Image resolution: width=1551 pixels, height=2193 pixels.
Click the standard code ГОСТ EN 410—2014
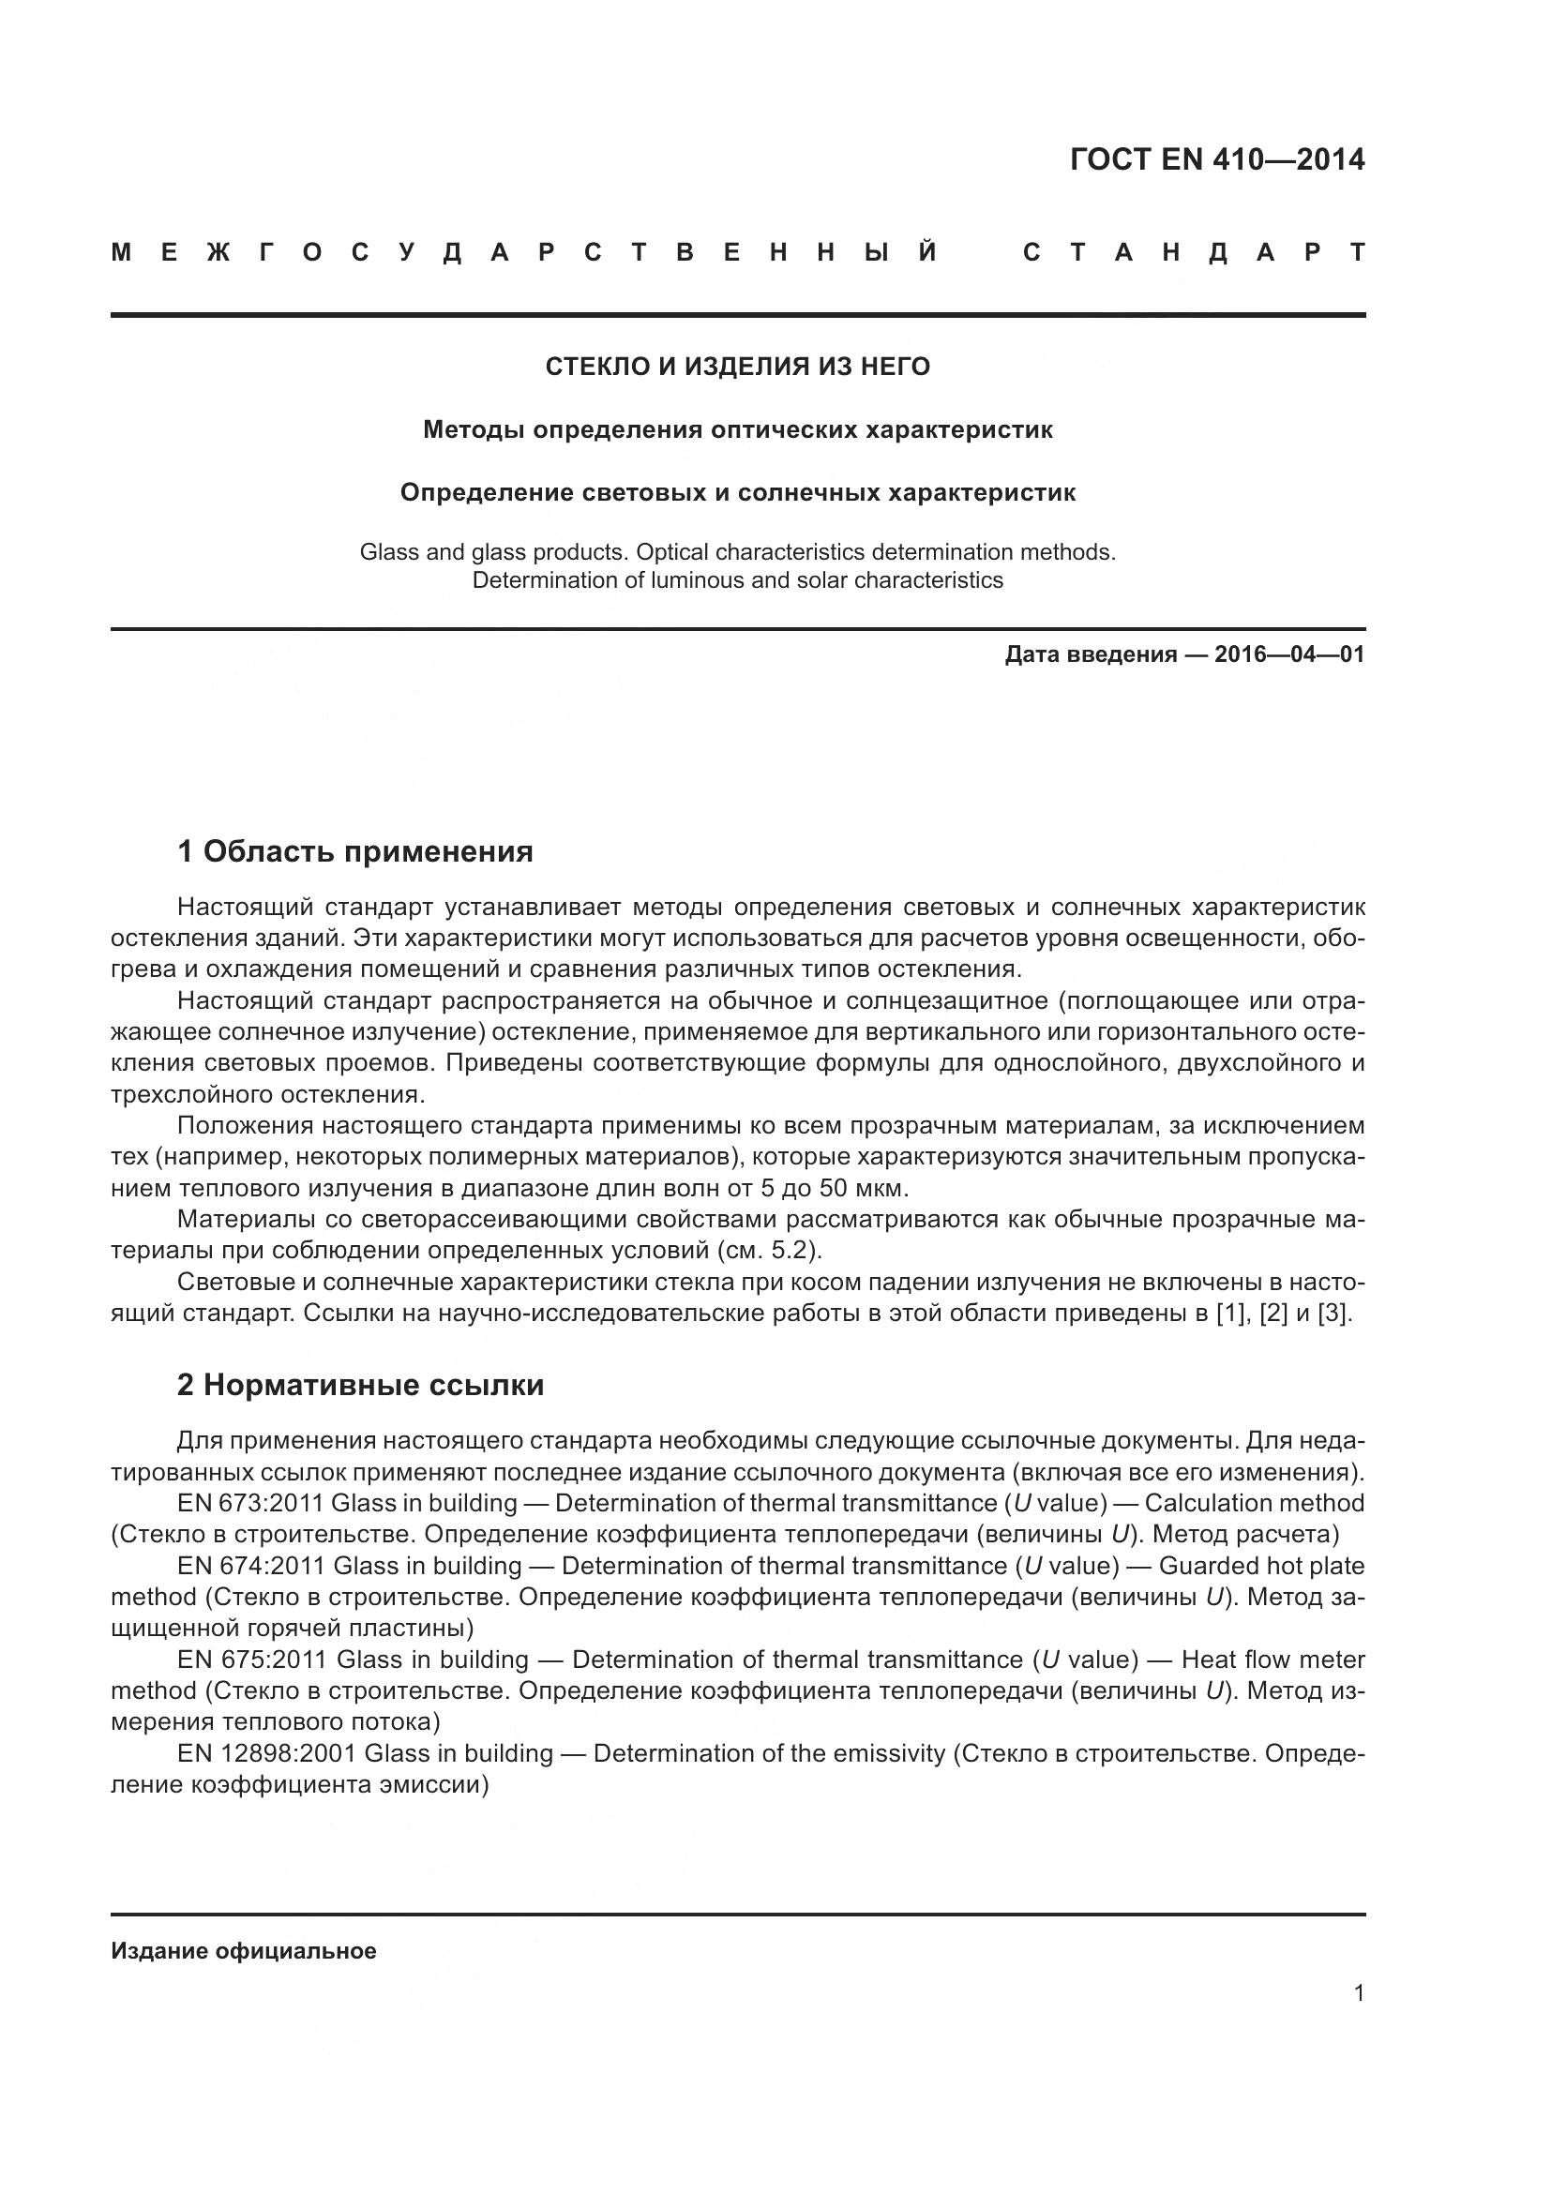(x=1217, y=159)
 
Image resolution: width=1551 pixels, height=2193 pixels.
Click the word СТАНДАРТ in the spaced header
(x=1193, y=253)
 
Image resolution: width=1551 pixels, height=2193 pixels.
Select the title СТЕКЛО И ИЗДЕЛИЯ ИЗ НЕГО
(x=737, y=367)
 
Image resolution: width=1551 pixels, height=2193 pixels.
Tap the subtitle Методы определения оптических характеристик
(x=737, y=429)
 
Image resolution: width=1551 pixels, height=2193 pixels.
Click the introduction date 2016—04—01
(x=1288, y=654)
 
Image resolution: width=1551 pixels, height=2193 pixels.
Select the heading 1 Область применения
(x=354, y=851)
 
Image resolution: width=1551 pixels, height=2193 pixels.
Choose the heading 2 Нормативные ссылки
(x=360, y=1385)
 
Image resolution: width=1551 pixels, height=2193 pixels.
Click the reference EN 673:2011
(x=250, y=1503)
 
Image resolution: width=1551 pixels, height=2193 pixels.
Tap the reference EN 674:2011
(x=252, y=1567)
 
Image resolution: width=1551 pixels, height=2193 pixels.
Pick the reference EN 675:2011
(x=253, y=1660)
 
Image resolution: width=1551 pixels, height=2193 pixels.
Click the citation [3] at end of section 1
(x=1333, y=1314)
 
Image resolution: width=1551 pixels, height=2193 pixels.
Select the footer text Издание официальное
(x=244, y=1951)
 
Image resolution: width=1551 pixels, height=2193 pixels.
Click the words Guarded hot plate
(x=1260, y=1567)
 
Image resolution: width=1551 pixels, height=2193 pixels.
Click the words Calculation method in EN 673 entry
(x=1254, y=1503)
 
